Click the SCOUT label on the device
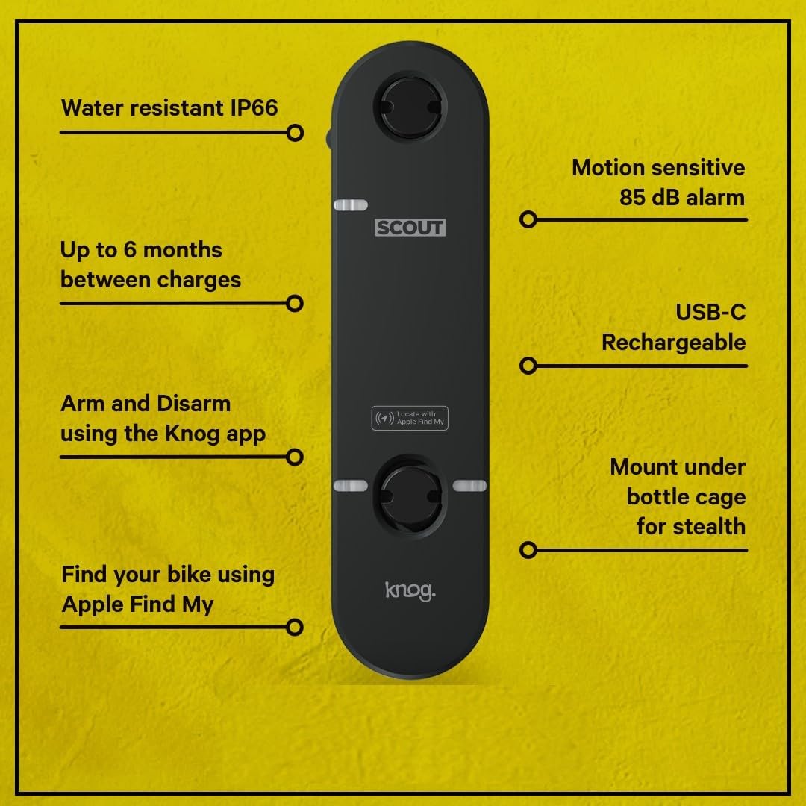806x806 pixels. (410, 228)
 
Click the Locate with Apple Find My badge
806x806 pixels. (410, 418)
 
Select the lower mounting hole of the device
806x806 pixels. (410, 486)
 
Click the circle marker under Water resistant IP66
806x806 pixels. (295, 133)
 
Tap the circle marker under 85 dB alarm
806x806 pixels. (528, 219)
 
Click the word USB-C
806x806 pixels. (710, 312)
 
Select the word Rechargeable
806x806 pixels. (673, 343)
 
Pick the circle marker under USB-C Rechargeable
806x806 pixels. (528, 366)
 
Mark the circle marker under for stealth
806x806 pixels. (528, 550)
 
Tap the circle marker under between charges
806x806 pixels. (295, 303)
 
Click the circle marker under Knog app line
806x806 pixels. (295, 456)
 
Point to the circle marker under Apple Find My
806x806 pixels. (295, 627)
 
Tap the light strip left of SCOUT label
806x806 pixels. (350, 205)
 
